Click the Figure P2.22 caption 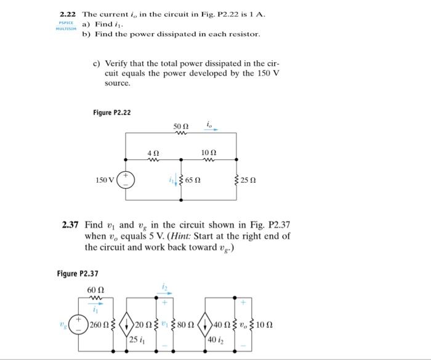tap(111, 113)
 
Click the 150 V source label tap(105, 180)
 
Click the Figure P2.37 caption tap(77, 273)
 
